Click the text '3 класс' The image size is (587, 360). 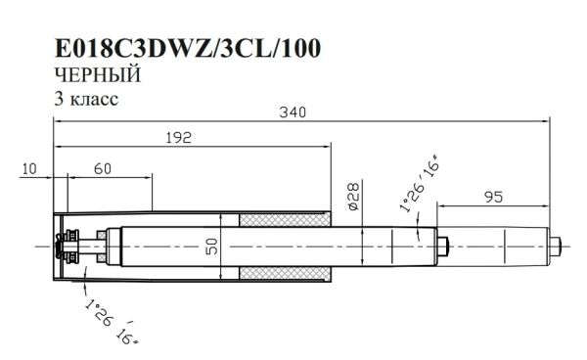pos(88,99)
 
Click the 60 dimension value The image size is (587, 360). pos(103,168)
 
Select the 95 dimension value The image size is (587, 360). pos(493,197)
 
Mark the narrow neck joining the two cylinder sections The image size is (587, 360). pos(442,245)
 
